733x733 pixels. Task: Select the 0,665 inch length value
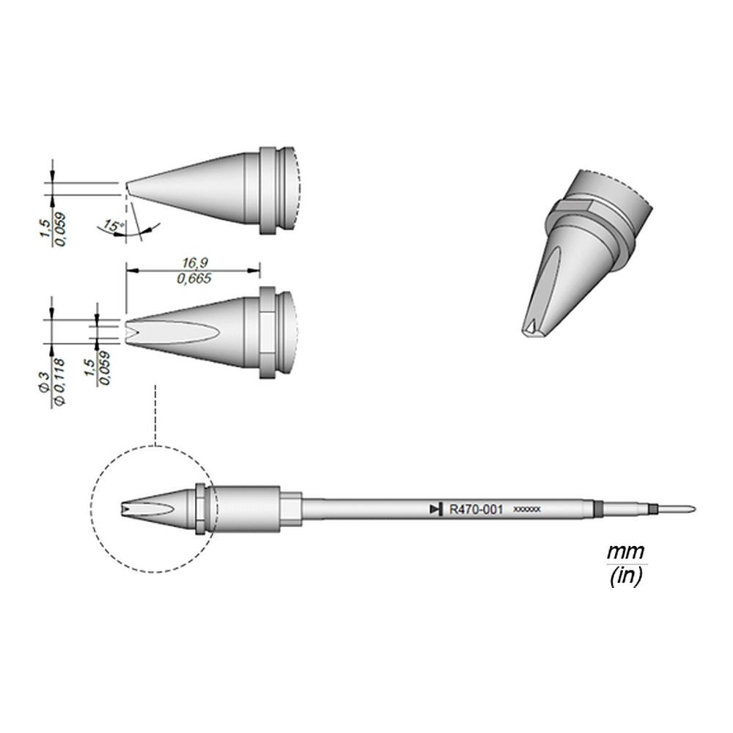tap(193, 279)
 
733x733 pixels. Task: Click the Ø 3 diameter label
tap(45, 381)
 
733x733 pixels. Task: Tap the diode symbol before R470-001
tap(436, 509)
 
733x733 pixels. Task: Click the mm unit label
tap(625, 550)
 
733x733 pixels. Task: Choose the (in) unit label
tap(626, 577)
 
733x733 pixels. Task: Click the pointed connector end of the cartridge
tap(685, 509)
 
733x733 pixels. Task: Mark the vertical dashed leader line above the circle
tap(155, 414)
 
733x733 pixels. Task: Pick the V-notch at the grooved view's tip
tap(130, 329)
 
